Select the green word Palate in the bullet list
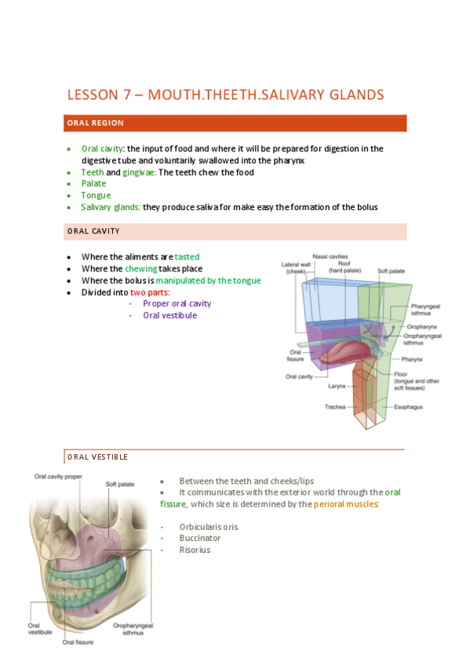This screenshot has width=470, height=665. (x=93, y=184)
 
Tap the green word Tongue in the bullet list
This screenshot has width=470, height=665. (x=96, y=195)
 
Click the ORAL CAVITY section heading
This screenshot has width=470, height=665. (x=93, y=231)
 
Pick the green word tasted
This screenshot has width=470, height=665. (x=188, y=256)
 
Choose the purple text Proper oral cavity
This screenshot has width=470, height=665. (x=177, y=303)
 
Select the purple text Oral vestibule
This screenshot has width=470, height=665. (x=169, y=315)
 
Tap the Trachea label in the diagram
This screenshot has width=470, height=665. (x=335, y=407)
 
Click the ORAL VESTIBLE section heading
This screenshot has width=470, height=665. (x=97, y=456)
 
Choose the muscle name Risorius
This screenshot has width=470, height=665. (x=195, y=550)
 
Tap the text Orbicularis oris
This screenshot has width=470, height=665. (x=208, y=527)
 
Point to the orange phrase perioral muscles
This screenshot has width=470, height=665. (x=346, y=504)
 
